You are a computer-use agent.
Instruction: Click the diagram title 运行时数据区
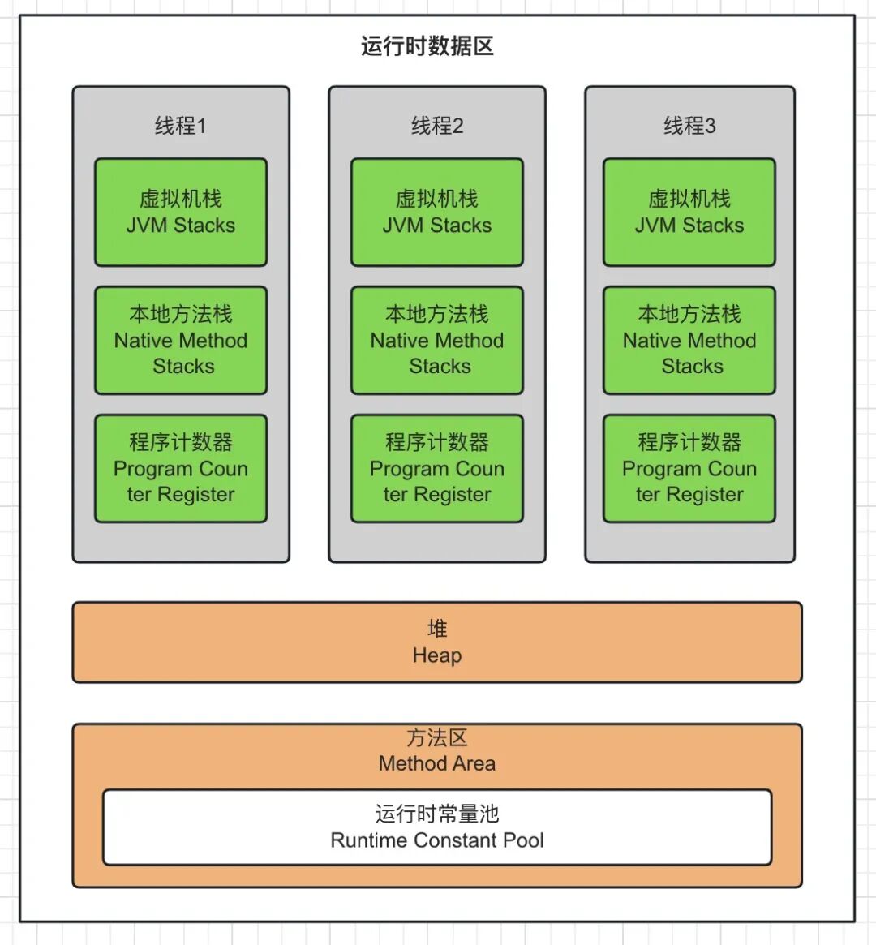click(x=427, y=46)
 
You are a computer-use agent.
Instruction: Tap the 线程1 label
click(x=180, y=126)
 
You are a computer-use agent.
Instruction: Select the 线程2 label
click(x=437, y=126)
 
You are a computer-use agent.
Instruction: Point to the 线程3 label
click(x=689, y=126)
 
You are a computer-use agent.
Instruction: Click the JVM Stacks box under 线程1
click(x=180, y=213)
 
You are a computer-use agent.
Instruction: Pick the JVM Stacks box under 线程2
click(x=437, y=213)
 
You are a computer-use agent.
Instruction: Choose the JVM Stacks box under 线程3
click(x=689, y=213)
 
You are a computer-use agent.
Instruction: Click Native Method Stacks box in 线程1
click(x=180, y=341)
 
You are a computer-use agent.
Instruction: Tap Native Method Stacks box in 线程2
click(x=437, y=341)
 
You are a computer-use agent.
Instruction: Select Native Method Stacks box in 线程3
click(x=689, y=341)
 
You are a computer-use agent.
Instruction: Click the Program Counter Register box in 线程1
click(x=180, y=469)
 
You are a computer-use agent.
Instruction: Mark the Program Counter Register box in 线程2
click(x=437, y=469)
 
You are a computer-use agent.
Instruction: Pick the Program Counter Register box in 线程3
click(x=689, y=469)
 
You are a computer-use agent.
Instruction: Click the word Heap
click(x=437, y=655)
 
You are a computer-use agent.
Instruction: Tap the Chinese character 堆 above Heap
click(x=437, y=629)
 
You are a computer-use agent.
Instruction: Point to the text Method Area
click(x=437, y=763)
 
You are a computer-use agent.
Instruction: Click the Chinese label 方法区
click(x=437, y=738)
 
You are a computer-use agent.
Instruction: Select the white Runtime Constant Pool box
click(x=437, y=827)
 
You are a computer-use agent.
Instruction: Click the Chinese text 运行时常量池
click(x=437, y=814)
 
